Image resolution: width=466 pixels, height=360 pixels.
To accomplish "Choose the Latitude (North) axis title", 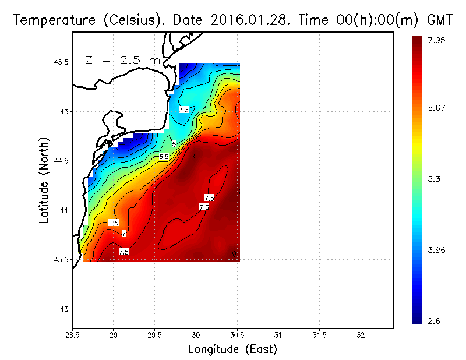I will click(x=44, y=180).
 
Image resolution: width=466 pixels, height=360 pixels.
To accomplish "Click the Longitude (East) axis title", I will click(x=232, y=350).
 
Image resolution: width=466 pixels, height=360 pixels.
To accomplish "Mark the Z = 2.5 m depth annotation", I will click(x=122, y=60).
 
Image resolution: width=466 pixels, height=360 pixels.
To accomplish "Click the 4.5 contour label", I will click(x=184, y=110).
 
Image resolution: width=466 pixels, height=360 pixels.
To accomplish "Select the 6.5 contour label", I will click(x=114, y=223).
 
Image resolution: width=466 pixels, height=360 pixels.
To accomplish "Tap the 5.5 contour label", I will click(x=164, y=157).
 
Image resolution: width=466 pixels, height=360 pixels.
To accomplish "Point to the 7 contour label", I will click(x=123, y=234).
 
